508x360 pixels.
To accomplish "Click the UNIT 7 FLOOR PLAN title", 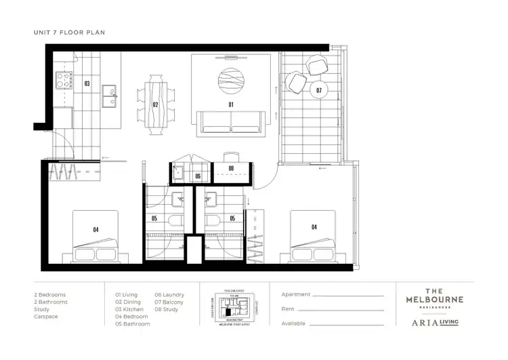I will click(69, 32).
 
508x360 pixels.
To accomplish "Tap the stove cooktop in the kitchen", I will click(64, 81).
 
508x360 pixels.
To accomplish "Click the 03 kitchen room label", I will click(87, 83).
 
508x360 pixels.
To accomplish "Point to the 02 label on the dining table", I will click(155, 104).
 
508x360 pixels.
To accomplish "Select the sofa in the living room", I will click(231, 121).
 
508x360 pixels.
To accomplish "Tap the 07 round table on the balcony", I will click(319, 89).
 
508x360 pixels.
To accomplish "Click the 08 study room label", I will click(231, 169).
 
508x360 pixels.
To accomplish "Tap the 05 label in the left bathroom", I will click(154, 218).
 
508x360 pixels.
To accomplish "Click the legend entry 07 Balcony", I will click(169, 302).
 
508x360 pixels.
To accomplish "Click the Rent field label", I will click(288, 309).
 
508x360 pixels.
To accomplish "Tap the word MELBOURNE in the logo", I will click(435, 299).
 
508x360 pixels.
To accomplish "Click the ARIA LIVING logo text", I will click(435, 323).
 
